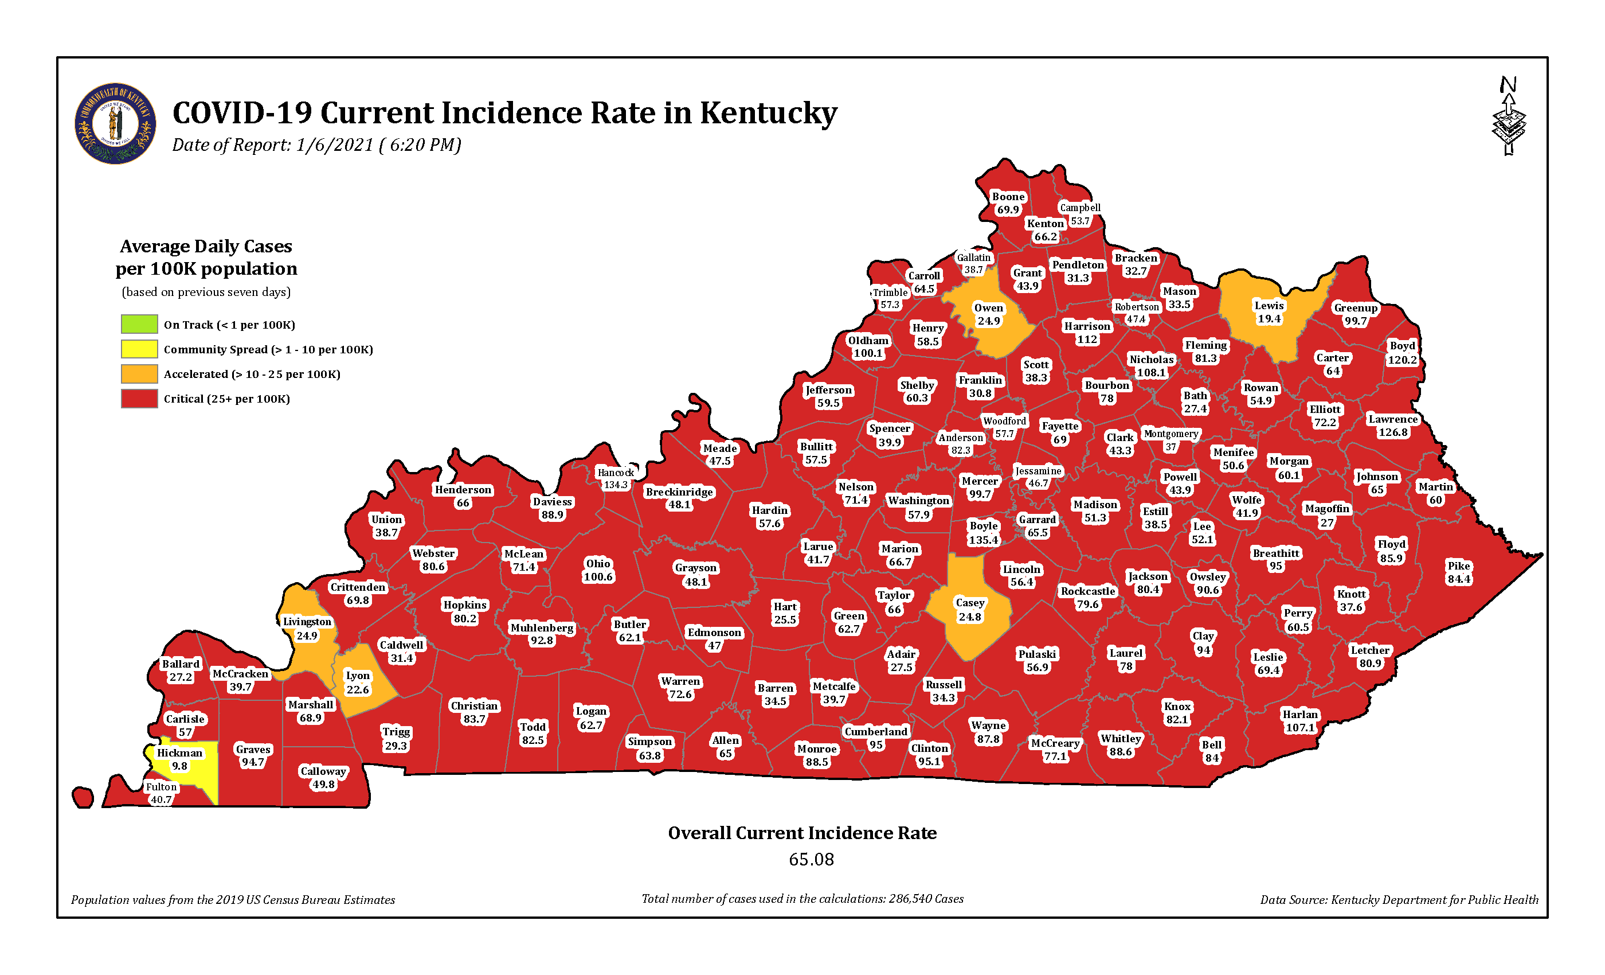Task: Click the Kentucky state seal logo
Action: pos(115,123)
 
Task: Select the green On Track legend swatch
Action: pos(139,324)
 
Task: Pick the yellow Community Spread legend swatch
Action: pos(139,349)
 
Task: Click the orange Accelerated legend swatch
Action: pos(139,373)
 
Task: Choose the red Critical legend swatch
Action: pos(139,398)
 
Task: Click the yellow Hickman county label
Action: pos(180,759)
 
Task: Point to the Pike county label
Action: pos(1459,572)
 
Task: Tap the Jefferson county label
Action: pos(828,396)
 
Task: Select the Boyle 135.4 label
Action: pos(983,532)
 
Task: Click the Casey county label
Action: pos(970,609)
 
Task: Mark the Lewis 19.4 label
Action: pos(1269,311)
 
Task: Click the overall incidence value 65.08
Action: pos(811,859)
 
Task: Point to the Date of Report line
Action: pos(316,145)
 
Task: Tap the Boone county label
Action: pos(1008,202)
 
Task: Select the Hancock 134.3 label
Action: pos(616,478)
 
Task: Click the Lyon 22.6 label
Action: pos(358,682)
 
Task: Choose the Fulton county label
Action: pos(161,793)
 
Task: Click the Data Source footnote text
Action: pos(1399,899)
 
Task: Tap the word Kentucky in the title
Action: pos(769,113)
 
